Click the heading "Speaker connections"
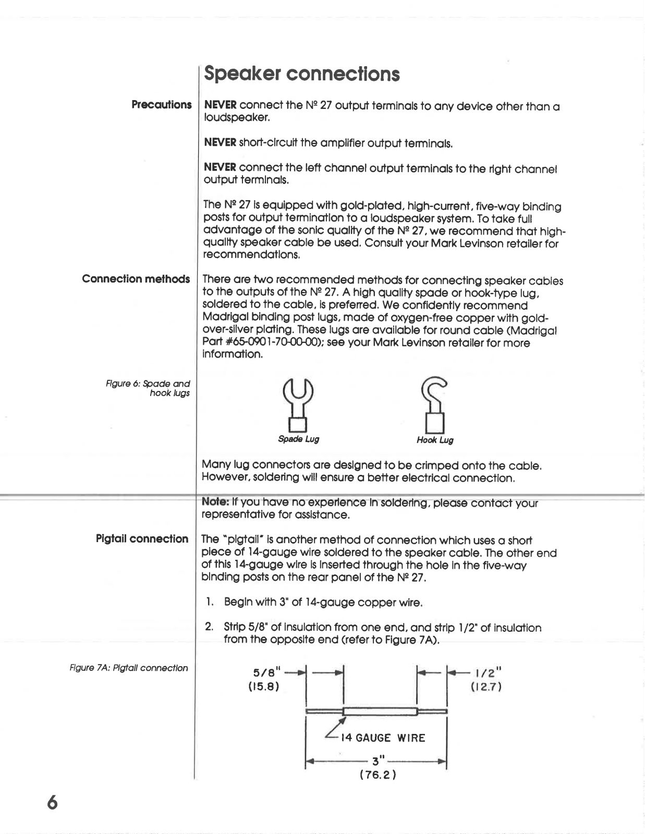pyautogui.click(x=301, y=74)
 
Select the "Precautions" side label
pyautogui.click(x=161, y=105)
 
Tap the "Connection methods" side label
pyautogui.click(x=136, y=279)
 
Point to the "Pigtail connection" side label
pyautogui.click(x=142, y=539)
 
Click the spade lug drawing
pyautogui.click(x=298, y=404)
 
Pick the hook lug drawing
pyautogui.click(x=435, y=404)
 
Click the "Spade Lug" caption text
pyautogui.click(x=298, y=439)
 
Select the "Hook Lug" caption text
pyautogui.click(x=435, y=440)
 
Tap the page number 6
pyautogui.click(x=52, y=802)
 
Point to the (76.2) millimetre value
pyautogui.click(x=378, y=775)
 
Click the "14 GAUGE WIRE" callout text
pyautogui.click(x=383, y=738)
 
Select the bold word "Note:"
pyautogui.click(x=215, y=503)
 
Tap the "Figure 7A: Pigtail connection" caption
pyautogui.click(x=129, y=668)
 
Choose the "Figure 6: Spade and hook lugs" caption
pyautogui.click(x=148, y=388)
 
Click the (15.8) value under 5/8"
pyautogui.click(x=264, y=686)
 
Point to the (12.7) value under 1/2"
pyautogui.click(x=486, y=687)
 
